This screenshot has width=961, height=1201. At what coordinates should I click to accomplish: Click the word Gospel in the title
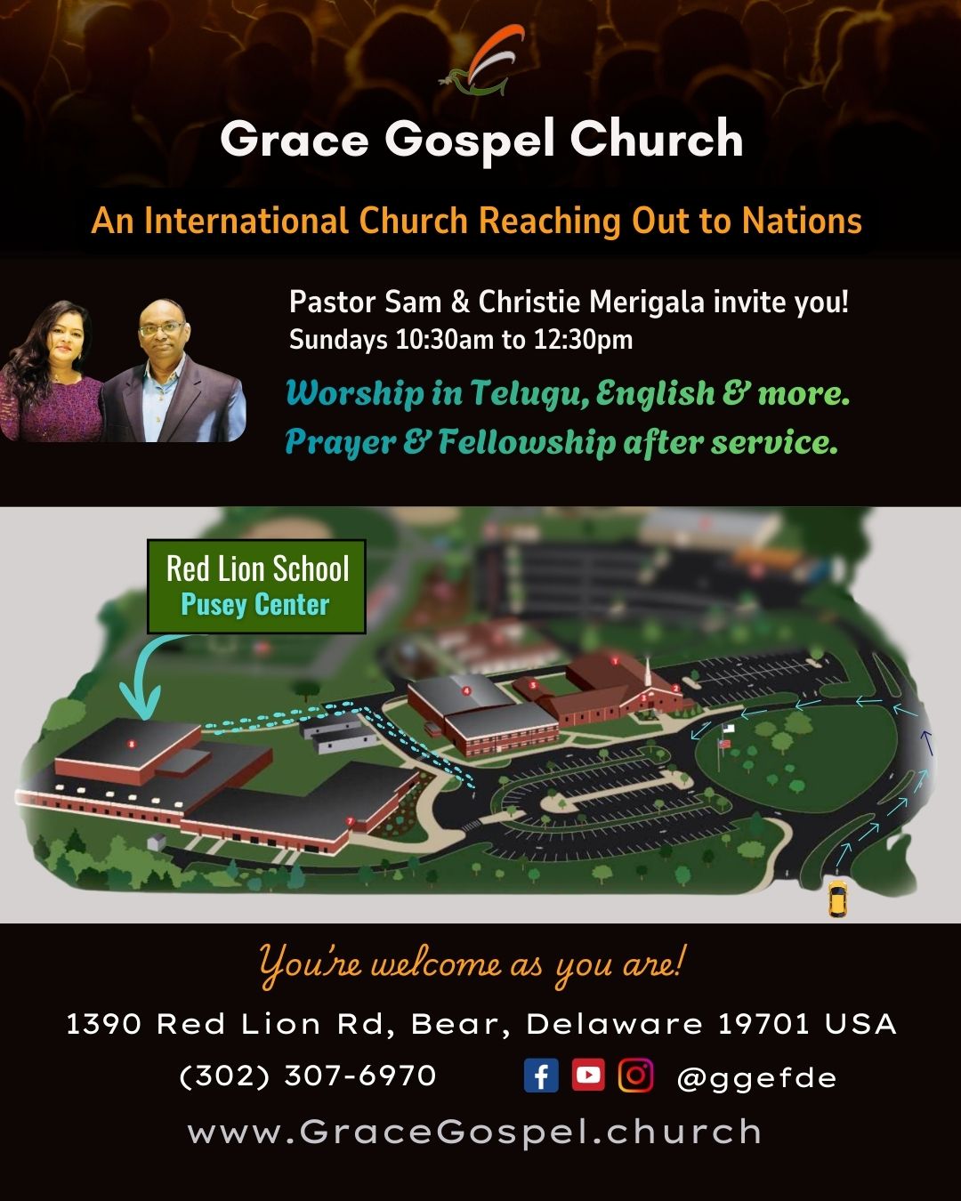[x=470, y=141]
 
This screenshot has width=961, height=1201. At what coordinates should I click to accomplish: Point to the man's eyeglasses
[x=162, y=329]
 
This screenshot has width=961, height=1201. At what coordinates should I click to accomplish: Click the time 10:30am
[x=448, y=340]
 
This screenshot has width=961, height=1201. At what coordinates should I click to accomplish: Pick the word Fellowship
[x=527, y=442]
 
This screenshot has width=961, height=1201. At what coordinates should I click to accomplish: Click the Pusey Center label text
[x=255, y=605]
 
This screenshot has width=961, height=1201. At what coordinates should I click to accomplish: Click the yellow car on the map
[x=837, y=899]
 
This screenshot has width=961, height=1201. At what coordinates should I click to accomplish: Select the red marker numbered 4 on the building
[x=466, y=689]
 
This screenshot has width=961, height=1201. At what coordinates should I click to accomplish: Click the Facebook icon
[x=541, y=1076]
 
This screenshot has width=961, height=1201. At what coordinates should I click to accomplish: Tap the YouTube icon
[x=588, y=1075]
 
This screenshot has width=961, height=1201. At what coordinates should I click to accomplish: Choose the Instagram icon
[x=635, y=1075]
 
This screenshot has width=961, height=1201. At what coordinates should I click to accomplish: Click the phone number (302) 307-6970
[x=308, y=1076]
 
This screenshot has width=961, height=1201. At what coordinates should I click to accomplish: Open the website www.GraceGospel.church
[x=475, y=1132]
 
